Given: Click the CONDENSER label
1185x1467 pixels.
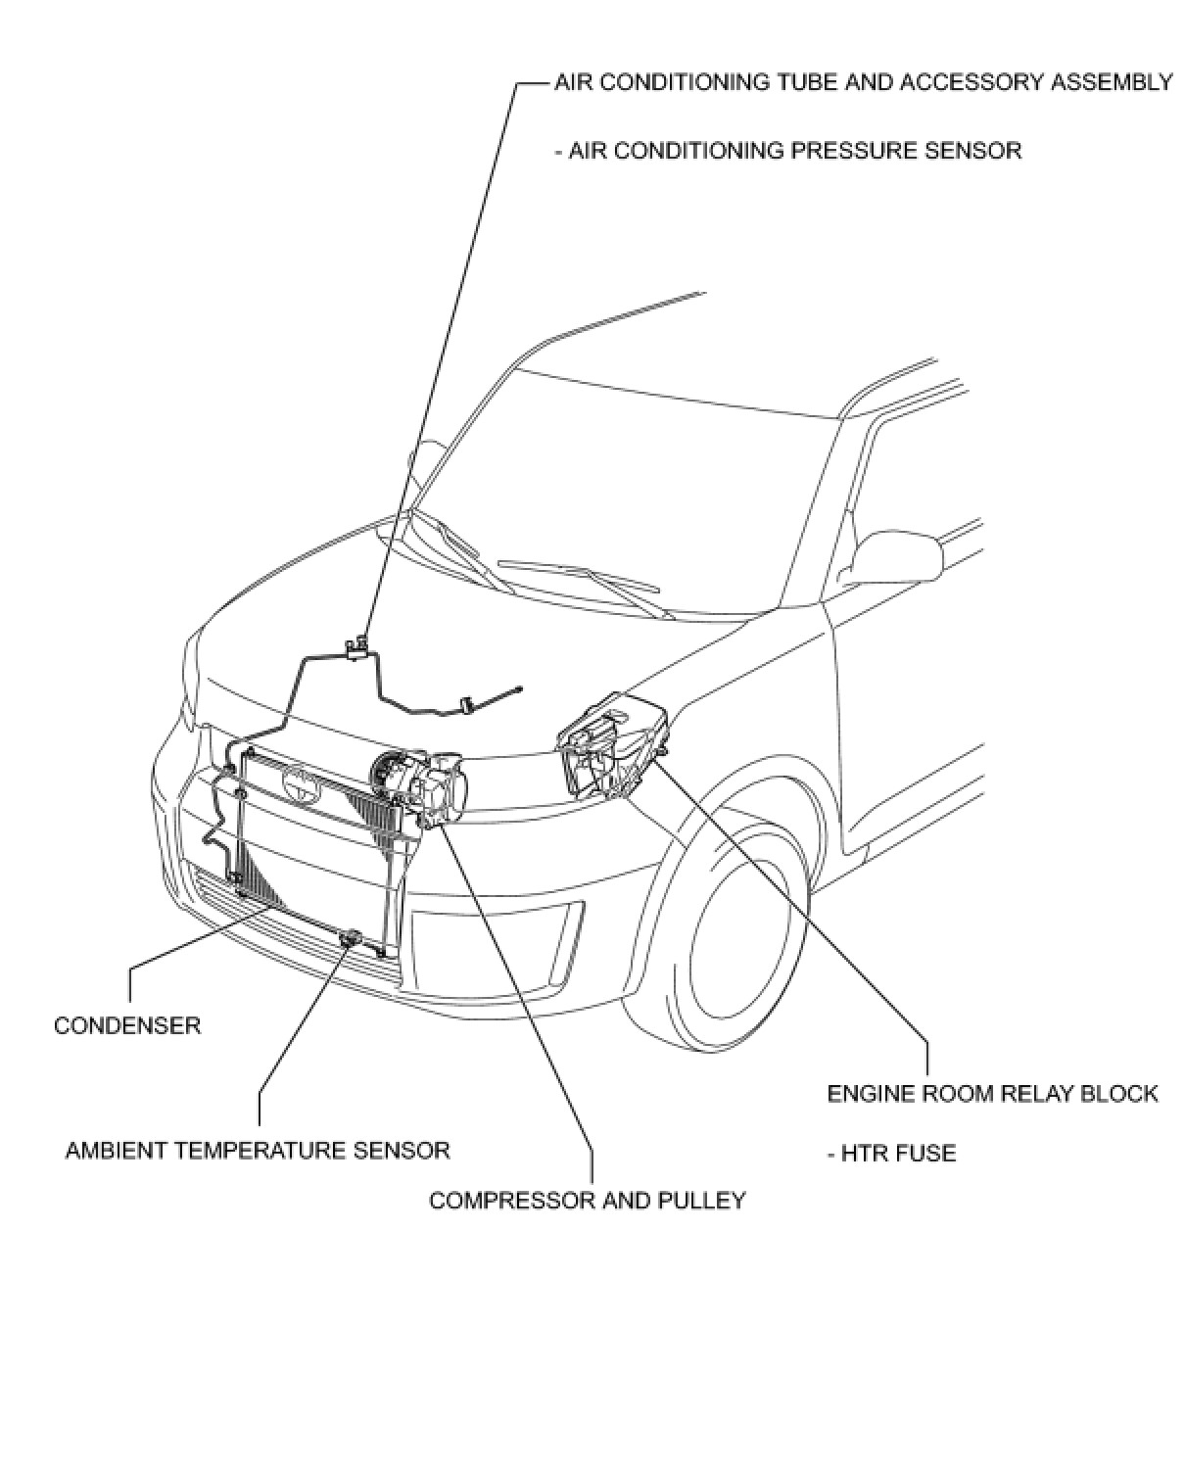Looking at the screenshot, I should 127,1025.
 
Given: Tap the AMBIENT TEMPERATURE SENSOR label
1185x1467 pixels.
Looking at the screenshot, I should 258,1150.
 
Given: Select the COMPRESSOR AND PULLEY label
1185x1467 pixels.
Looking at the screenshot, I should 588,1200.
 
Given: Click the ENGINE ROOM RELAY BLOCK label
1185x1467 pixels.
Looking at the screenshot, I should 992,1093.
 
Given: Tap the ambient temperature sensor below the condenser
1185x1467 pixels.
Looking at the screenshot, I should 350,939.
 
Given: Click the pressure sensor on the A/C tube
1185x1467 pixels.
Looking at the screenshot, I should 357,644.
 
